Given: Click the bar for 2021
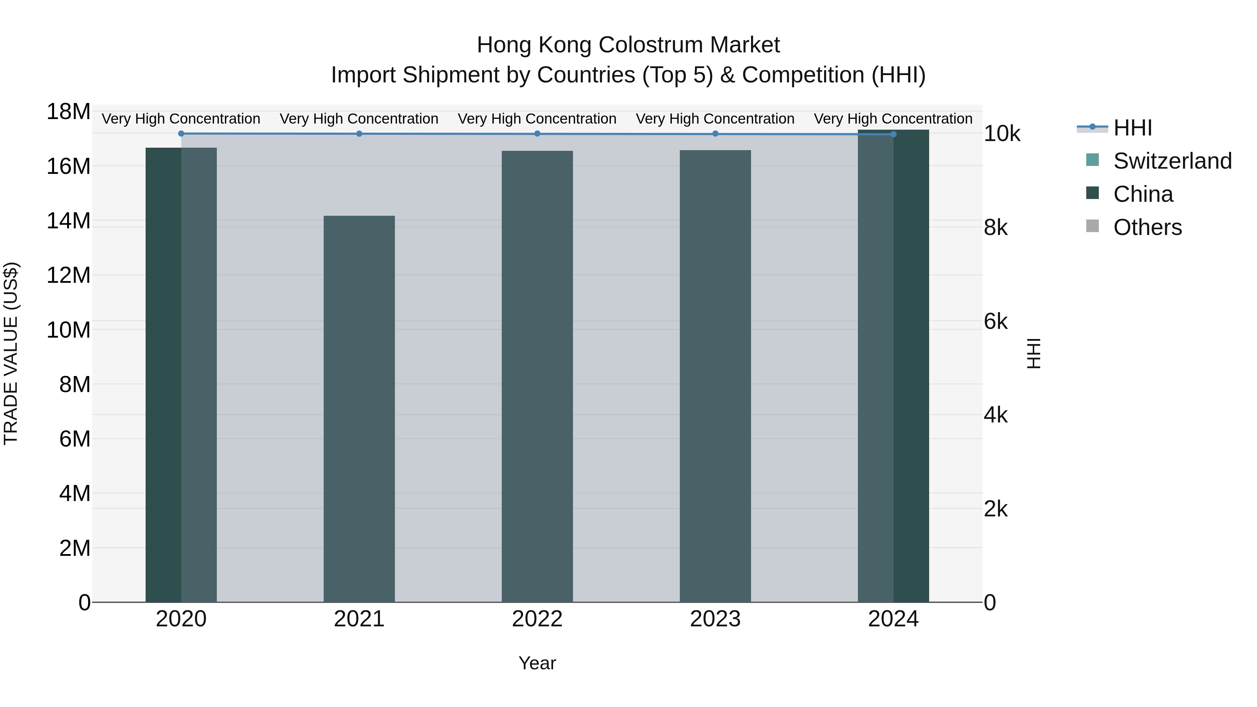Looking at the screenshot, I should [359, 409].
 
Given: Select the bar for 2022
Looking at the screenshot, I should [537, 376].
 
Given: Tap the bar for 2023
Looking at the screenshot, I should [715, 376].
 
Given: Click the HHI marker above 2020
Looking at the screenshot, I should [181, 134].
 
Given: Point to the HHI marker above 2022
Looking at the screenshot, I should [537, 134].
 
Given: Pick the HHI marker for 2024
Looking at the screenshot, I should [894, 134].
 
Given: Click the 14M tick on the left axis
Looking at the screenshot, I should [68, 221].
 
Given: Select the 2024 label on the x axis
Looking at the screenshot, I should [894, 619].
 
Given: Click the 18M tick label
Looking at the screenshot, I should [68, 112].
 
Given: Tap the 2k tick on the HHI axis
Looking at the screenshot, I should [995, 509].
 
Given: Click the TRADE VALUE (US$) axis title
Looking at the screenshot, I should [11, 353].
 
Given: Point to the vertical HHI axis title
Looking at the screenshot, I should [1034, 353].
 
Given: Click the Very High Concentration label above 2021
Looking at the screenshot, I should [359, 119].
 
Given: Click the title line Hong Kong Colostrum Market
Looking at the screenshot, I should [628, 45].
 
